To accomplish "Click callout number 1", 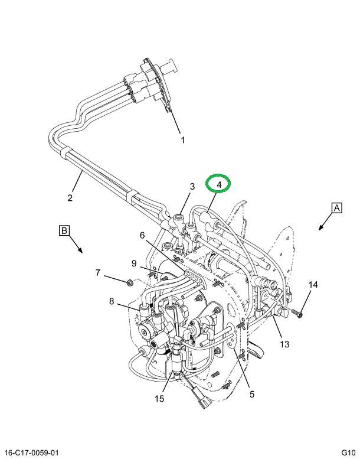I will pos(182,141).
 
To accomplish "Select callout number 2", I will pos(70,198).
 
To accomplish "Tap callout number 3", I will pos(192,187).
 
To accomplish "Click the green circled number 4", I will pos(219,185).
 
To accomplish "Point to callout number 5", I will pos(251,394).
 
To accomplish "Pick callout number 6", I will pos(142,235).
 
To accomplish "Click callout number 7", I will pos(99,272).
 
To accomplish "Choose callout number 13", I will pos(284,344).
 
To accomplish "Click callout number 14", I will pos(313,285).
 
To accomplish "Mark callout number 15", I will pos(159,399).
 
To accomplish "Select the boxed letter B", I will pos(64,230).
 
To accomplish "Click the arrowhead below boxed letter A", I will pos(321,229).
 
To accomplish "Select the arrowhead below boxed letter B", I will pos(81,250).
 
